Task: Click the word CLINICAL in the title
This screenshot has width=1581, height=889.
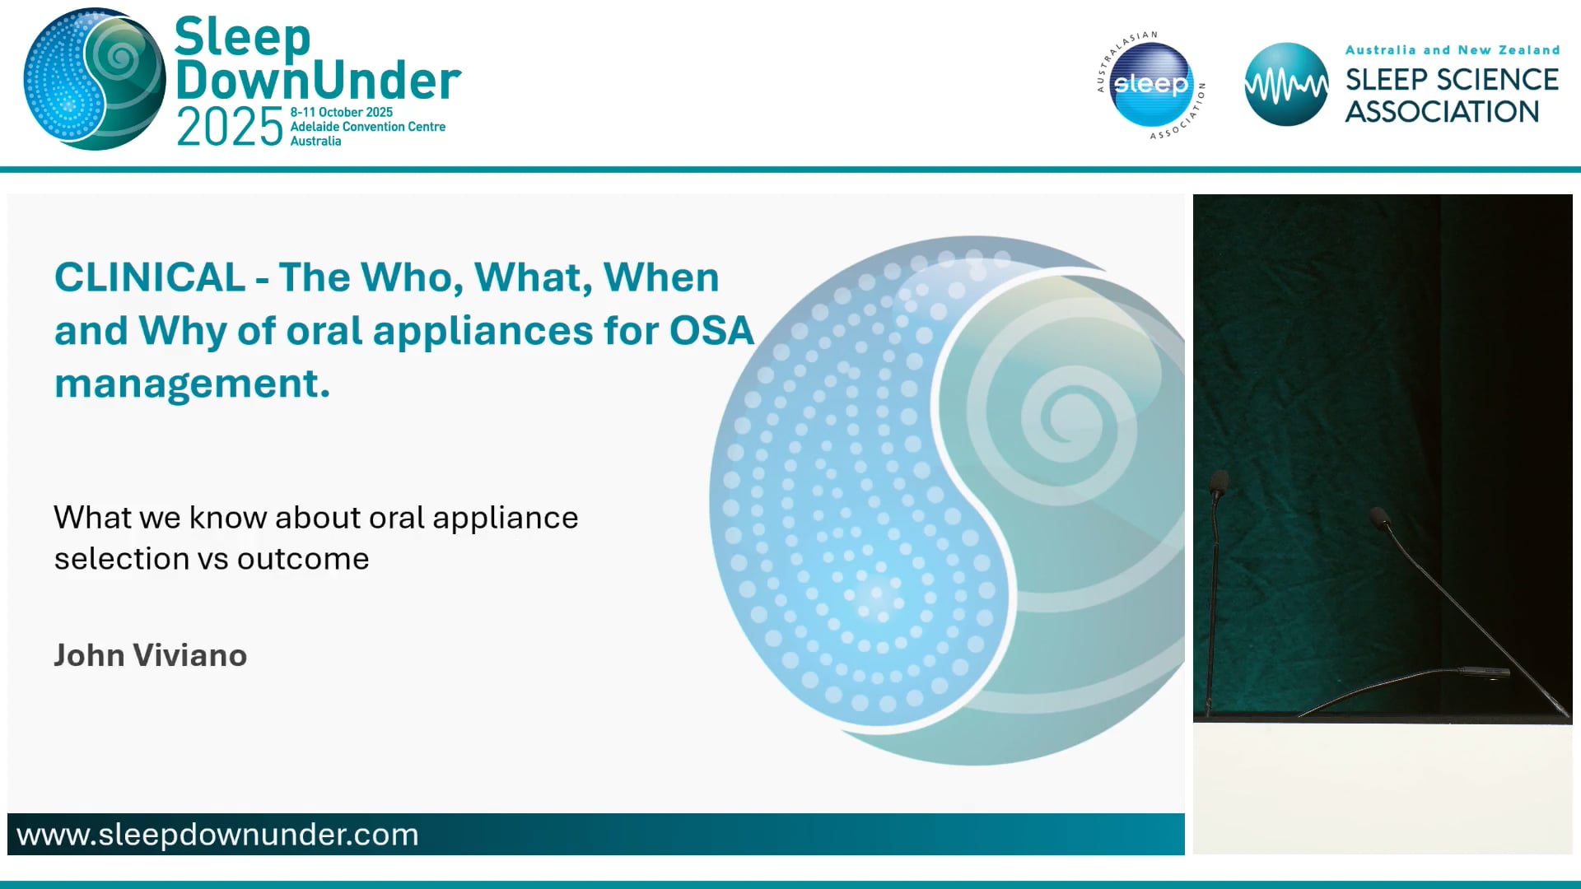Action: (x=150, y=277)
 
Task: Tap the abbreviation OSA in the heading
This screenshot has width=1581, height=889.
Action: (x=711, y=331)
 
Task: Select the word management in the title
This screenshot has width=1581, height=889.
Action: (x=192, y=384)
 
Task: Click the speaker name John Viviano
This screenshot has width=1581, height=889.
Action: (x=151, y=655)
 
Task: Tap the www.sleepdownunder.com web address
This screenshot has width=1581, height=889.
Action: (x=218, y=835)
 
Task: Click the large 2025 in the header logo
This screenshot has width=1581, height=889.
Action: (x=230, y=128)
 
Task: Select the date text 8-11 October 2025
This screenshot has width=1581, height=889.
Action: (x=341, y=112)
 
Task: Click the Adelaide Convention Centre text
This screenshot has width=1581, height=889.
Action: (x=367, y=127)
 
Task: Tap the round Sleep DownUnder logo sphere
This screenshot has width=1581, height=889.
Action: (x=95, y=80)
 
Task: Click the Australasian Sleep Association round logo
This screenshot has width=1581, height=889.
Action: (x=1150, y=85)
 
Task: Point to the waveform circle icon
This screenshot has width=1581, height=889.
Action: (x=1285, y=84)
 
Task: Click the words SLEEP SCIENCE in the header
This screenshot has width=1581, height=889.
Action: (x=1451, y=80)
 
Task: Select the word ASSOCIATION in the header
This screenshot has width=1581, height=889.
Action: (x=1441, y=112)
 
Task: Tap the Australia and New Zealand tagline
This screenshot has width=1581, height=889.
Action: (x=1452, y=50)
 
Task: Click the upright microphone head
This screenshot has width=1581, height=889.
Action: (x=1220, y=482)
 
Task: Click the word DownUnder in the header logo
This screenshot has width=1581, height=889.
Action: (x=318, y=81)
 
